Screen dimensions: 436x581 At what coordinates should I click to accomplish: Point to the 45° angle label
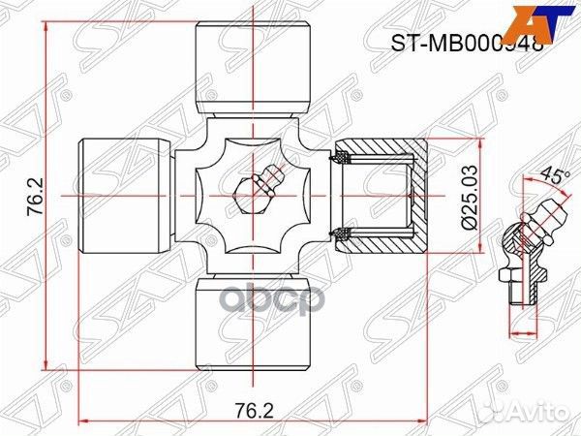click(x=552, y=176)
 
